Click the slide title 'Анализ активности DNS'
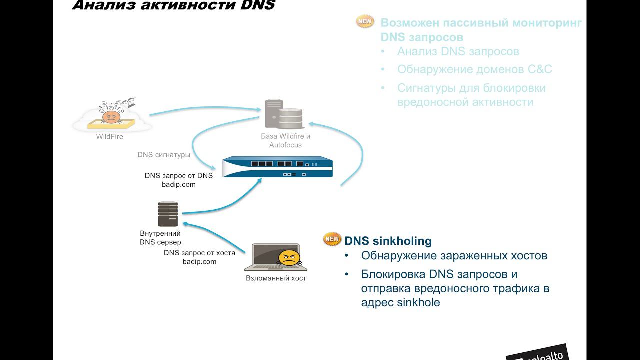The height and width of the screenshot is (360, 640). (173, 6)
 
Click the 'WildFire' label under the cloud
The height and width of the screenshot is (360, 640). (110, 136)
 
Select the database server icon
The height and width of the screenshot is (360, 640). (284, 114)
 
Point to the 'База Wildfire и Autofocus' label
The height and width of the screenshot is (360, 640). (285, 140)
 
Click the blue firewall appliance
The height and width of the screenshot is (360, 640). (277, 167)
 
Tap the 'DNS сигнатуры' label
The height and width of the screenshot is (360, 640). (164, 155)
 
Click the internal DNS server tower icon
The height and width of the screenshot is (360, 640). (168, 214)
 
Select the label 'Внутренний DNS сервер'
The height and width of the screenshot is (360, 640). (160, 238)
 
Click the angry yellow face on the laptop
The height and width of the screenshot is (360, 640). (289, 258)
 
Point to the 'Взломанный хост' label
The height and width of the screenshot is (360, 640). (276, 278)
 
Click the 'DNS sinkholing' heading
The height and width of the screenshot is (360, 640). (388, 241)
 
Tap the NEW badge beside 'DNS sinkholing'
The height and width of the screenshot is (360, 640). (332, 239)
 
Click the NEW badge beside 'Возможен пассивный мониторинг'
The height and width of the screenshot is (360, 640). (365, 22)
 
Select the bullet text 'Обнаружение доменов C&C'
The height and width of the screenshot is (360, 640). (474, 70)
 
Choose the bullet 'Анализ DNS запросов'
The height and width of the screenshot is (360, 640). (458, 51)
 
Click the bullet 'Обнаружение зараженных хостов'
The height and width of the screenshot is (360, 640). (454, 256)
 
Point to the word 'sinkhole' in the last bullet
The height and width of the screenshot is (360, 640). (418, 303)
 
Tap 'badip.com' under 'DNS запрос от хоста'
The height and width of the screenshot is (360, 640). (199, 262)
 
